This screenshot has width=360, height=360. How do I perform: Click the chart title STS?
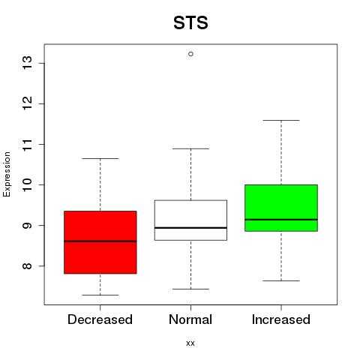pyautogui.click(x=190, y=22)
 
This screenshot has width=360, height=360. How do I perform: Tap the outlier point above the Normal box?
pyautogui.click(x=190, y=54)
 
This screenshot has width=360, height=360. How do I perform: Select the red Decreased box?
pyautogui.click(x=100, y=242)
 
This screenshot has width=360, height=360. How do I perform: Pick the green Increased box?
pyautogui.click(x=281, y=208)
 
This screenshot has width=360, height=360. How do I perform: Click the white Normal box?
pyautogui.click(x=190, y=220)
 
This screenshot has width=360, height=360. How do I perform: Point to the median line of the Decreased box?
pyautogui.click(x=100, y=241)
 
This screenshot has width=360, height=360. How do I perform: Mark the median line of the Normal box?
pyautogui.click(x=190, y=228)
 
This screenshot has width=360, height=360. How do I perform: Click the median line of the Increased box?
pyautogui.click(x=281, y=220)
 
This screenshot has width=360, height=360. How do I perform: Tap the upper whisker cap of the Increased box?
pyautogui.click(x=281, y=120)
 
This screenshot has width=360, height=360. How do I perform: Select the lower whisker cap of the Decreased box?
pyautogui.click(x=100, y=295)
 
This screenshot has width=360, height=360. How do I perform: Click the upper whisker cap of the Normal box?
pyautogui.click(x=190, y=148)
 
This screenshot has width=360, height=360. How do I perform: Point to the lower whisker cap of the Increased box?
pyautogui.click(x=281, y=280)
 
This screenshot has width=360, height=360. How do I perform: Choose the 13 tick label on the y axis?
pyautogui.click(x=28, y=63)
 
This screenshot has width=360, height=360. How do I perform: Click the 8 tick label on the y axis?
pyautogui.click(x=28, y=265)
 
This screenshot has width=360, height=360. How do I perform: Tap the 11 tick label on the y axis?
pyautogui.click(x=28, y=144)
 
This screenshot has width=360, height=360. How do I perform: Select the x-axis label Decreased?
pyautogui.click(x=100, y=319)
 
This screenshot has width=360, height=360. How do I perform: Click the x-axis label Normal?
pyautogui.click(x=190, y=319)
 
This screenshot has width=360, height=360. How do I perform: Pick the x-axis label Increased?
pyautogui.click(x=281, y=319)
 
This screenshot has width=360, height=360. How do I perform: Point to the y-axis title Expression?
pyautogui.click(x=7, y=174)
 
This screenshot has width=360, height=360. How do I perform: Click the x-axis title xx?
pyautogui.click(x=190, y=343)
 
